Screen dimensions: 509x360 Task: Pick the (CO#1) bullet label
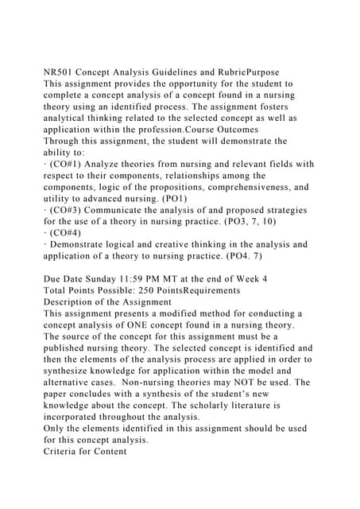(x=68, y=164)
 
